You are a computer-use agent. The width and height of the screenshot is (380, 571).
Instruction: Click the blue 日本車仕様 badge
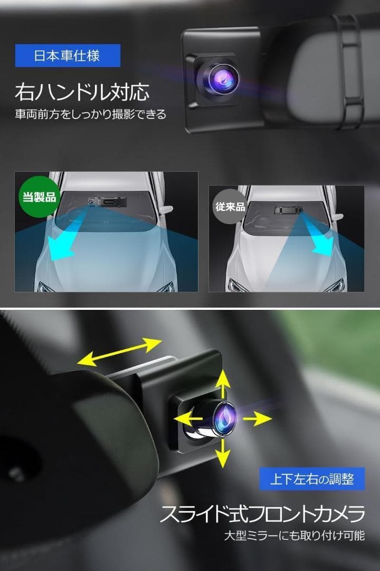pyautogui.click(x=68, y=56)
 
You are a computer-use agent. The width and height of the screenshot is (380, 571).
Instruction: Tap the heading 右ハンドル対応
pyautogui.click(x=82, y=92)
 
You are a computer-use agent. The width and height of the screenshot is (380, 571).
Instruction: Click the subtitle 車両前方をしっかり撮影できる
pyautogui.click(x=90, y=114)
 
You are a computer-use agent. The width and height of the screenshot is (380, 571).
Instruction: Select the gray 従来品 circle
pyautogui.click(x=229, y=206)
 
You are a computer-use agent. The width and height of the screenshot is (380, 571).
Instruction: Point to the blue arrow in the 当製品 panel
pyautogui.click(x=63, y=241)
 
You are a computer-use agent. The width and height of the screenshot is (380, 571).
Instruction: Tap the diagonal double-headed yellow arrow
pyautogui.click(x=119, y=352)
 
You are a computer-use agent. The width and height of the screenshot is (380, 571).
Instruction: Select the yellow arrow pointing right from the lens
pyautogui.click(x=258, y=419)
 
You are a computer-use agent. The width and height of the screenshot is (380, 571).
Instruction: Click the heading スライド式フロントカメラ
pyautogui.click(x=262, y=513)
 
